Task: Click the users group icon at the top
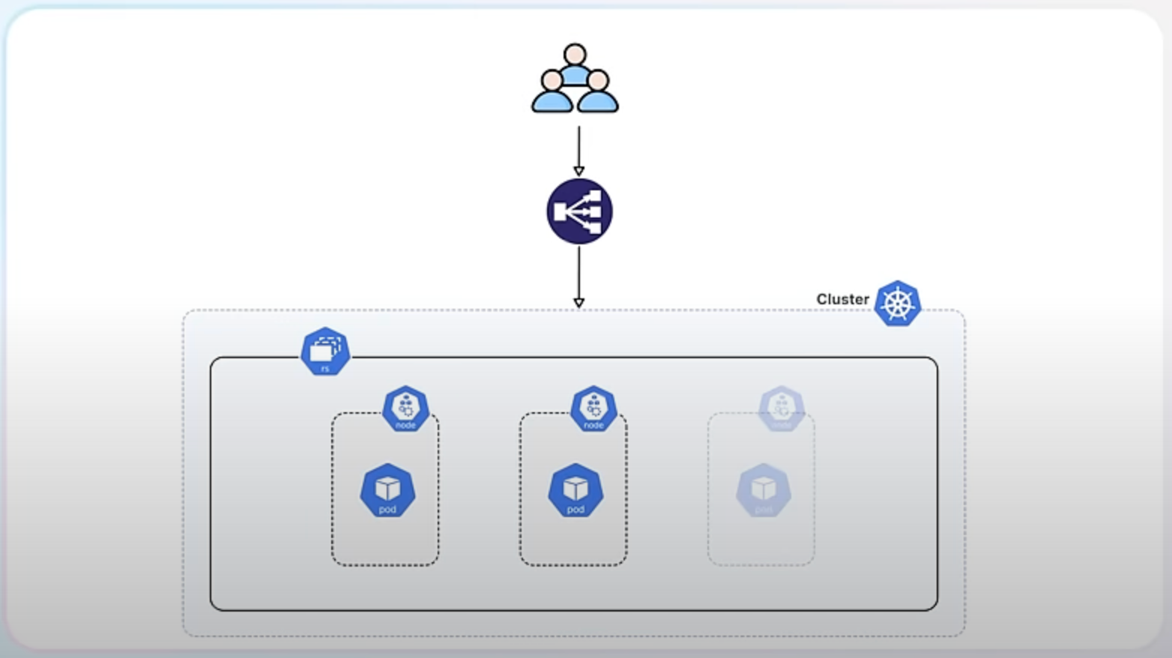click(575, 79)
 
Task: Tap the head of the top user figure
click(575, 55)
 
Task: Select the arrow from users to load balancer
click(579, 149)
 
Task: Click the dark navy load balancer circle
click(579, 211)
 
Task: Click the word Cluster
click(842, 299)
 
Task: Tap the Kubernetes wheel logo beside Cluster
click(897, 304)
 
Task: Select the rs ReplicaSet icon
click(325, 351)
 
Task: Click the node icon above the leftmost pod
click(405, 408)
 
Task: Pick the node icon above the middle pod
click(593, 408)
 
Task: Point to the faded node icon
click(782, 408)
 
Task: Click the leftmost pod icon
click(387, 491)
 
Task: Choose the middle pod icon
click(576, 491)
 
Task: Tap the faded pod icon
click(764, 491)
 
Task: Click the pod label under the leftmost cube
click(387, 510)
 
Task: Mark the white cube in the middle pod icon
click(576, 488)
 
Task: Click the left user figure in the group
click(552, 93)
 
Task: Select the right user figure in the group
click(598, 93)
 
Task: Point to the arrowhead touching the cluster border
click(579, 303)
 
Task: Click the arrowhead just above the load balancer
click(579, 171)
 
